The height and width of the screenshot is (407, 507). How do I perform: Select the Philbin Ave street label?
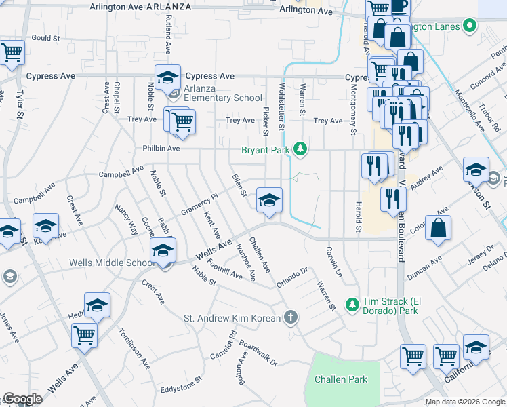pyautogui.click(x=161, y=148)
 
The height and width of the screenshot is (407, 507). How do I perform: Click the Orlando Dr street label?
pyautogui.click(x=292, y=278)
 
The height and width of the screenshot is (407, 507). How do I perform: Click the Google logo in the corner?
pyautogui.click(x=22, y=398)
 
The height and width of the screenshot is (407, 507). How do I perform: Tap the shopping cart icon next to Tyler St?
pyautogui.click(x=12, y=52)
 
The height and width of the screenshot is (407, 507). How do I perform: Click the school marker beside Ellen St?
pyautogui.click(x=269, y=201)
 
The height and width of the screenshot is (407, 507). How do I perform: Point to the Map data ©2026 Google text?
pyautogui.click(x=464, y=402)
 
